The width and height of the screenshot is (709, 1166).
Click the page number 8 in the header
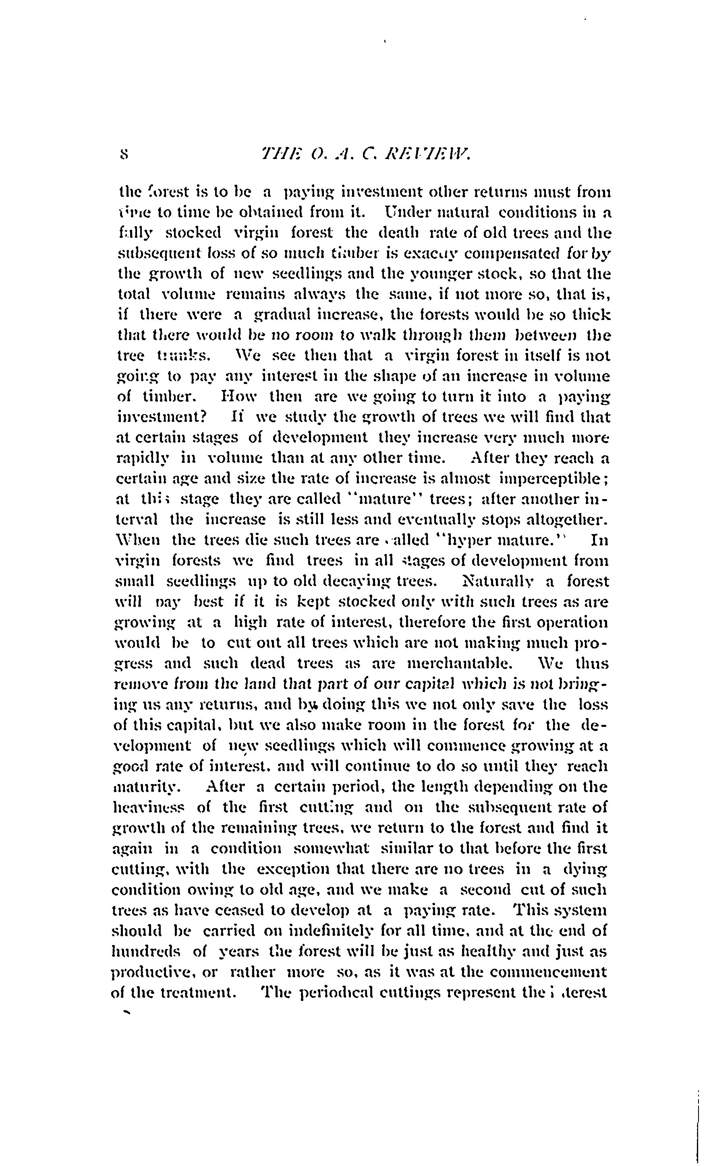coord(124,154)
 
